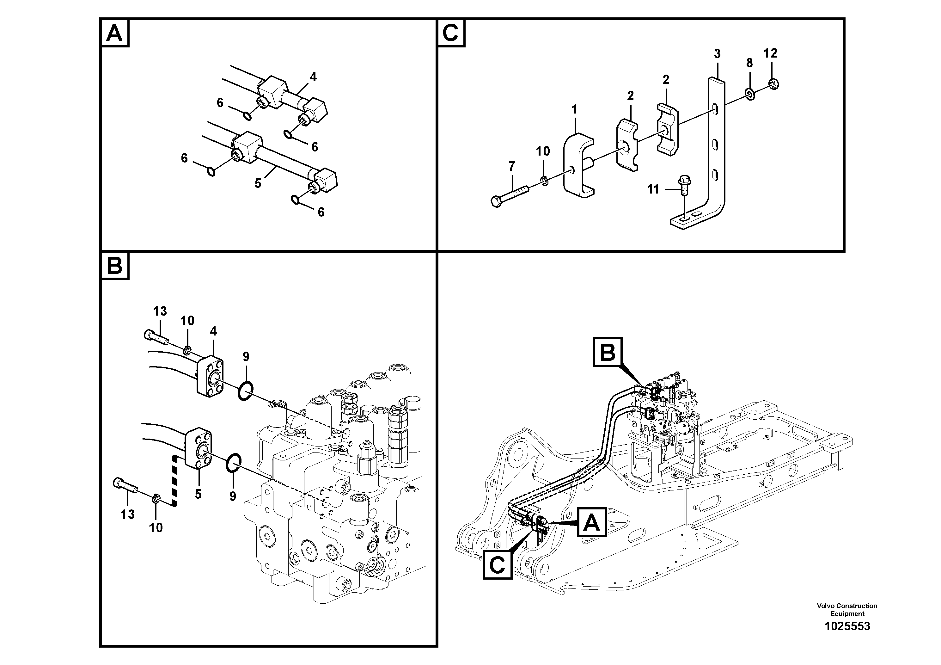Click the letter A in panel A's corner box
click(x=114, y=34)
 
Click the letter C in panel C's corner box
click(x=451, y=34)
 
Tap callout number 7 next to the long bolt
click(x=511, y=166)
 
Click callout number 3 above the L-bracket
click(x=717, y=54)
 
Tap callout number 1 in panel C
click(x=575, y=109)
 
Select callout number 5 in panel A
click(x=258, y=183)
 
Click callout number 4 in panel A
click(x=313, y=77)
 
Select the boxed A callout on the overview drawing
click(x=592, y=522)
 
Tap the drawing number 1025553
click(x=847, y=638)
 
